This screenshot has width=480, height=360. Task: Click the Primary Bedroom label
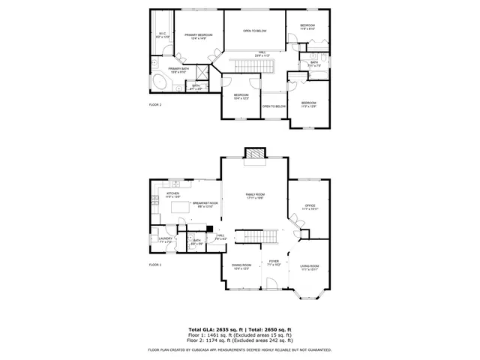click(199, 37)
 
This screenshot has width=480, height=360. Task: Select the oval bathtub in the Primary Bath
click(160, 82)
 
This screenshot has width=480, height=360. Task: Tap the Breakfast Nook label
click(205, 204)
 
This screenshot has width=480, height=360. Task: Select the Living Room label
click(310, 268)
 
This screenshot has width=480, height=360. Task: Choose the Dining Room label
click(241, 268)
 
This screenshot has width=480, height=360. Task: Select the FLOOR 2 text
click(155, 105)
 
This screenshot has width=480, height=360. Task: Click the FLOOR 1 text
click(155, 265)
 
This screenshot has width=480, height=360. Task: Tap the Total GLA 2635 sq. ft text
click(213, 329)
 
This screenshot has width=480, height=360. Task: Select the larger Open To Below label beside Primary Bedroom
click(255, 31)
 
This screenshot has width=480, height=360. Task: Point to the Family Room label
click(255, 196)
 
